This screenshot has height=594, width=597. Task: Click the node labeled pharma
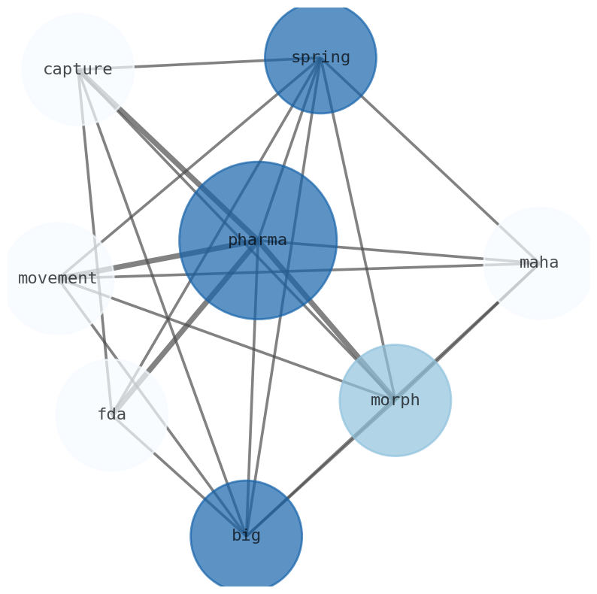(258, 241)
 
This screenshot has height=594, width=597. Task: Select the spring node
(320, 57)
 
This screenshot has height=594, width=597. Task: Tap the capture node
(78, 69)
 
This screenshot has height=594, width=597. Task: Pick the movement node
(58, 278)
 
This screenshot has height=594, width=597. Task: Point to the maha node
(539, 263)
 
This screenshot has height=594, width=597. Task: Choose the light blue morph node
(395, 400)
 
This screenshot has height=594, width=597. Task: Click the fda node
(111, 414)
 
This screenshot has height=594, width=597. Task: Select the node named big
(246, 535)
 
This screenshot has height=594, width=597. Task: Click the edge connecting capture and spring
(199, 63)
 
